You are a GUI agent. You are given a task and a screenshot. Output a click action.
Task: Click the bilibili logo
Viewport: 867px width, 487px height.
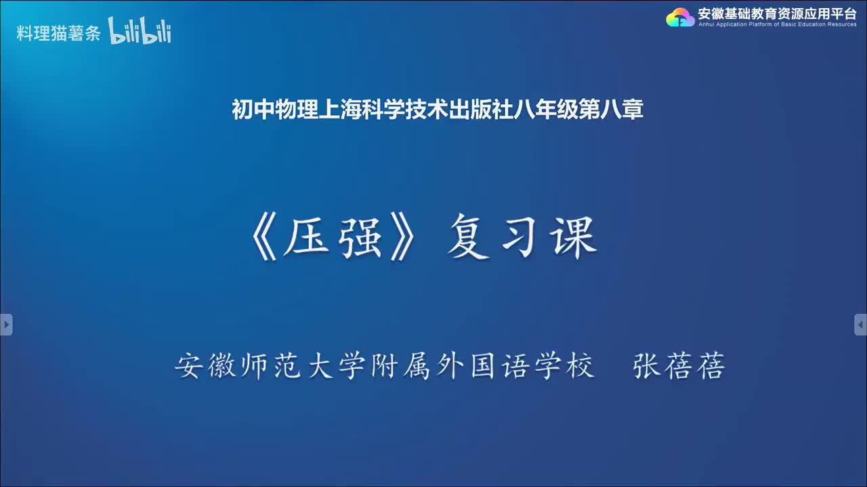[140, 32]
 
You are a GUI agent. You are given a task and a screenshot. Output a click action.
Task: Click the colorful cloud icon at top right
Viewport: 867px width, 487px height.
[680, 17]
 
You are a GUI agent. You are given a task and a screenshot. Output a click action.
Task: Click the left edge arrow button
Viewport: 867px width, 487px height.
[6, 325]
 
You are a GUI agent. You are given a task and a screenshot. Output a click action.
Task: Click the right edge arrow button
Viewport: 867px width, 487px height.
[860, 325]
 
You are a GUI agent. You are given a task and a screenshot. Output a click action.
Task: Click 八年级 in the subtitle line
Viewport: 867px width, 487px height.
[547, 110]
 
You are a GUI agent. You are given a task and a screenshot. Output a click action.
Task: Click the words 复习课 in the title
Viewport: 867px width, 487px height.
[522, 239]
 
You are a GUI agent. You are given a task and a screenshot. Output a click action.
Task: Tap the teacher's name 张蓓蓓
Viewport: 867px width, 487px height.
[679, 367]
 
